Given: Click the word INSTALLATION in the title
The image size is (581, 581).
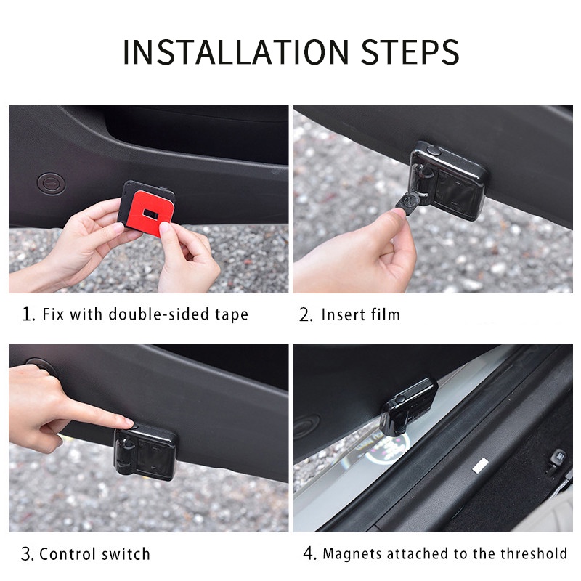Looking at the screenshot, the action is click(x=235, y=52).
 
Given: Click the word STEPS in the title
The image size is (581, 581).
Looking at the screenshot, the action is click(x=410, y=52).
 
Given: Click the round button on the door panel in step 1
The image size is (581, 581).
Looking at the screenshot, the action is click(x=52, y=183).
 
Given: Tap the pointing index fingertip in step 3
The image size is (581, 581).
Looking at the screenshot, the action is click(x=128, y=422).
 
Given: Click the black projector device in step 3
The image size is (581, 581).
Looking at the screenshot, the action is click(x=146, y=452).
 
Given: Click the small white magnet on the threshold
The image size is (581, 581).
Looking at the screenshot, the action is click(x=481, y=465).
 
